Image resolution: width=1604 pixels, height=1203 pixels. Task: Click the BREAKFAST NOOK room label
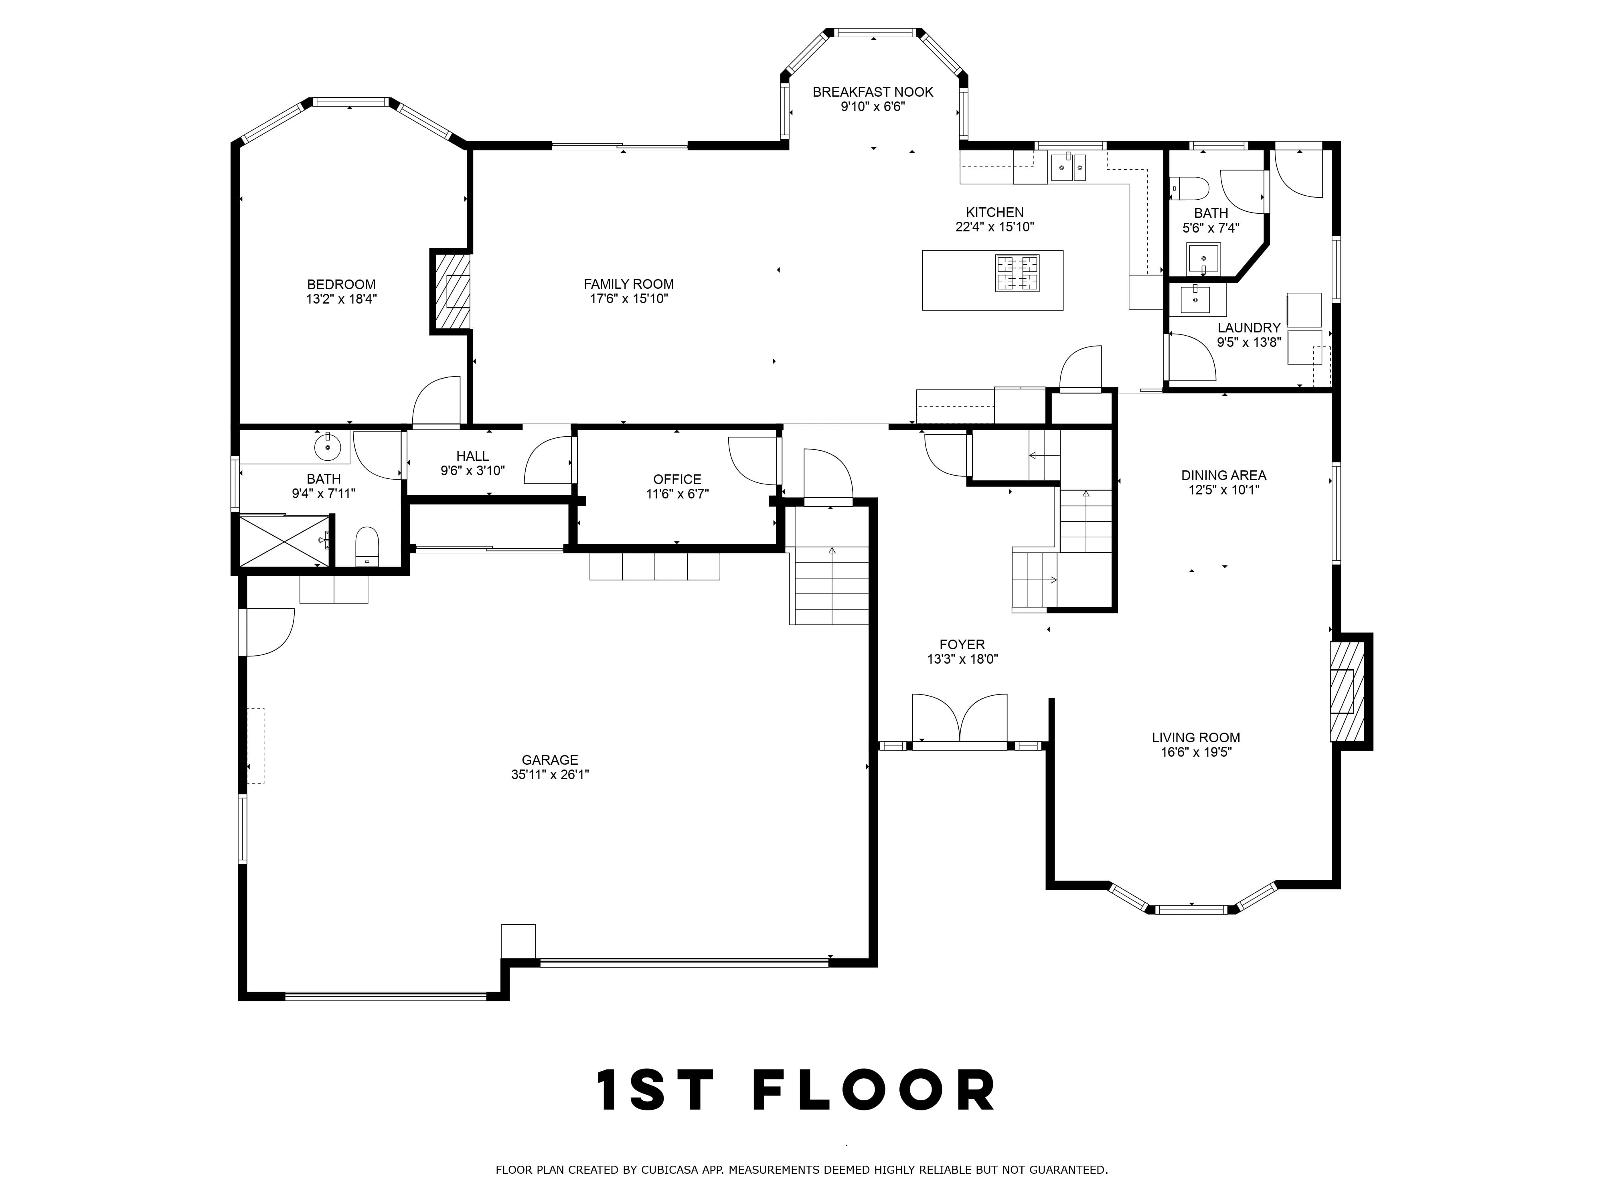tap(873, 92)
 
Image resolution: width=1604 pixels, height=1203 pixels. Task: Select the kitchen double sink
tap(1069, 168)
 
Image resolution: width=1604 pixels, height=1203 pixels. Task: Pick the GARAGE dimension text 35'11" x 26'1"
tap(550, 774)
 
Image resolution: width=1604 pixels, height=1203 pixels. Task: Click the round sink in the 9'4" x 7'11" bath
tap(328, 447)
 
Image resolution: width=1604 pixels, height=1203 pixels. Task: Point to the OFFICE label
tap(677, 479)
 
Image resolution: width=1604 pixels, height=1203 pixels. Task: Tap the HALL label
tap(473, 456)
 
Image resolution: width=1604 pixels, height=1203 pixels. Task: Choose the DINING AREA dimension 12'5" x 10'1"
tap(1224, 490)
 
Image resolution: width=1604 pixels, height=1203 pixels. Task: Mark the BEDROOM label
tap(342, 284)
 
